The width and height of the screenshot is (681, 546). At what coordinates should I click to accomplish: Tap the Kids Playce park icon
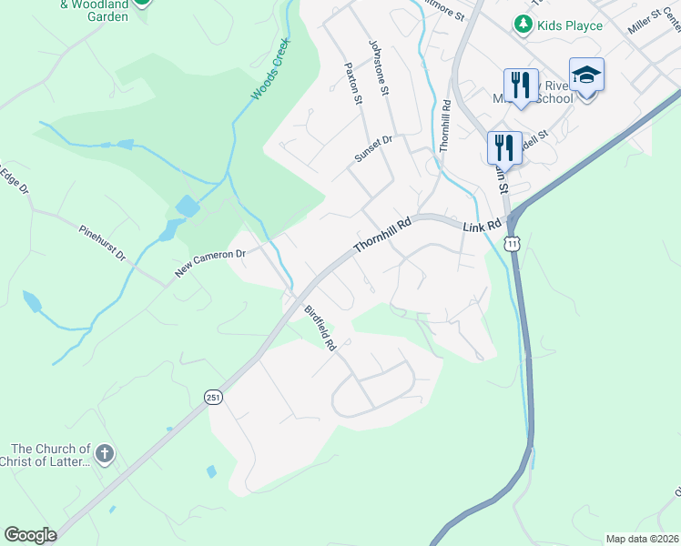click(x=523, y=25)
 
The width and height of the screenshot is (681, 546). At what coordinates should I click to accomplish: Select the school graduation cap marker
click(x=586, y=75)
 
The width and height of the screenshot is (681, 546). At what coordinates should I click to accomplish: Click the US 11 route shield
click(x=514, y=244)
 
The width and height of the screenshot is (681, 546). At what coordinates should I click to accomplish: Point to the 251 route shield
click(x=212, y=397)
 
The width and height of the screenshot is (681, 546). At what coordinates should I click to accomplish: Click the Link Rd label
click(x=482, y=226)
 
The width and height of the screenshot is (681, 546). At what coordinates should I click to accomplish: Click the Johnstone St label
click(x=379, y=67)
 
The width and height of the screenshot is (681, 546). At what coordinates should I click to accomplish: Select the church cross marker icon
click(x=106, y=454)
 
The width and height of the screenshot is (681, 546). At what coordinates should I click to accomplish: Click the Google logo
click(x=30, y=535)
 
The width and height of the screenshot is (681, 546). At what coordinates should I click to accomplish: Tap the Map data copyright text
click(x=643, y=539)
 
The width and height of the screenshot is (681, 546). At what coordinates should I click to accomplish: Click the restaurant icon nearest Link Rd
click(x=503, y=147)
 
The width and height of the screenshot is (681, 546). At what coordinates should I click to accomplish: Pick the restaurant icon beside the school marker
click(x=521, y=85)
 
